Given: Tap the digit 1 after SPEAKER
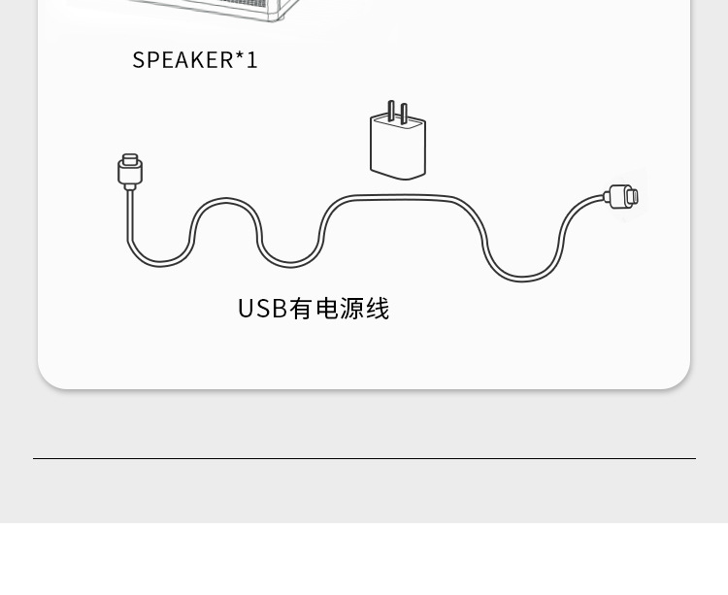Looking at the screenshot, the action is tap(252, 60).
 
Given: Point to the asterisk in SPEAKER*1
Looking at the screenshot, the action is tap(240, 56).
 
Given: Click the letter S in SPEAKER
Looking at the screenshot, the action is tap(139, 60).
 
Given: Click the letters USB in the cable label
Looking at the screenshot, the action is tap(262, 309).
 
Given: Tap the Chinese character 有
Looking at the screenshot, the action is tap(301, 309).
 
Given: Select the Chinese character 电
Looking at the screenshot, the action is tap(326, 309).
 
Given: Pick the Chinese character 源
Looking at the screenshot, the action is tap(351, 309).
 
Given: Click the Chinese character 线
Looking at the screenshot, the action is tap(378, 309).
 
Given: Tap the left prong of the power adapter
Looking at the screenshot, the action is tap(390, 110).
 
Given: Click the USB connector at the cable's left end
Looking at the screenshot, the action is tap(130, 172).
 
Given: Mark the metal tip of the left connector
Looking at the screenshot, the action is tap(130, 159).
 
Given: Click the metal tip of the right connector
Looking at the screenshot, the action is tap(632, 197).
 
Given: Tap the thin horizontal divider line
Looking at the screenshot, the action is tap(364, 458).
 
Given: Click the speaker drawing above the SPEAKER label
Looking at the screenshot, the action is tap(223, 9).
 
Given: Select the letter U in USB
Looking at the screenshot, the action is tap(246, 309).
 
